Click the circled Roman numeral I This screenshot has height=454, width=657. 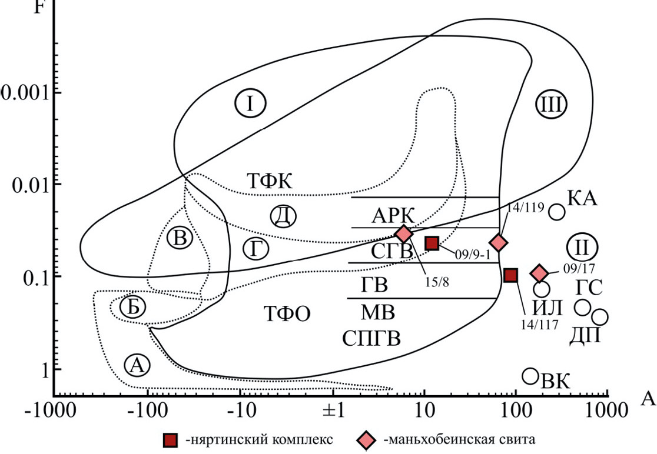tap(251, 104)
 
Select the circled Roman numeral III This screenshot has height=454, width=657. tap(552, 105)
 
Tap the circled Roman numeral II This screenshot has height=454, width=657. tap(582, 246)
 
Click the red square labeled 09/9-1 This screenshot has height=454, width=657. tap(432, 243)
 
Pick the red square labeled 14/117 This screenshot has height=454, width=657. tap(510, 275)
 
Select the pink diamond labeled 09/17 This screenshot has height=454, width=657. tap(539, 273)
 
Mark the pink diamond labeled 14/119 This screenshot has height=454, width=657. tap(499, 242)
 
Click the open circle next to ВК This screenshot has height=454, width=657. tap(530, 376)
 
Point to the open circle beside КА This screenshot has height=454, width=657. tap(557, 212)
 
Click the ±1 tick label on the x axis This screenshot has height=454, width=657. tap(333, 409)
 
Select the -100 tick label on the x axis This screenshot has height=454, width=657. tap(145, 409)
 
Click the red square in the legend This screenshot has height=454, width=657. tap(170, 440)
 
